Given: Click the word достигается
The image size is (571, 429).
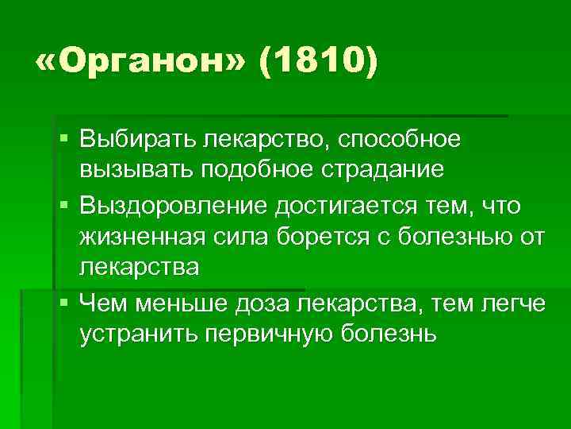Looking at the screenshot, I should click(x=344, y=206).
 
